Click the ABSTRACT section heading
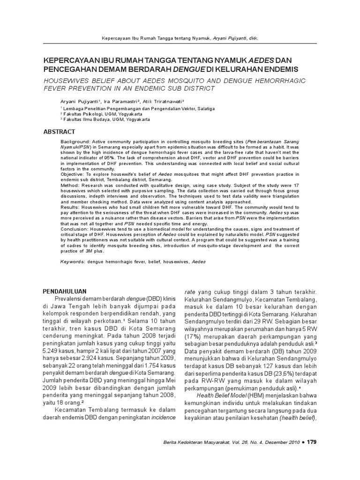59,132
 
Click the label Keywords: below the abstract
72,262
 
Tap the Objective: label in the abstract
74,173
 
